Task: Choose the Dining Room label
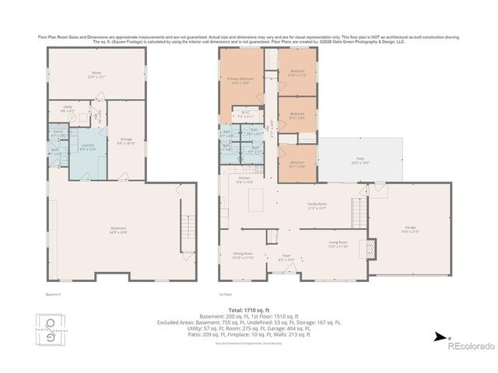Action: point(244,255)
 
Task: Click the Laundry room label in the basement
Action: point(87,146)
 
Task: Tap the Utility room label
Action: point(68,110)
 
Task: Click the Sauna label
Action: point(54,135)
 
